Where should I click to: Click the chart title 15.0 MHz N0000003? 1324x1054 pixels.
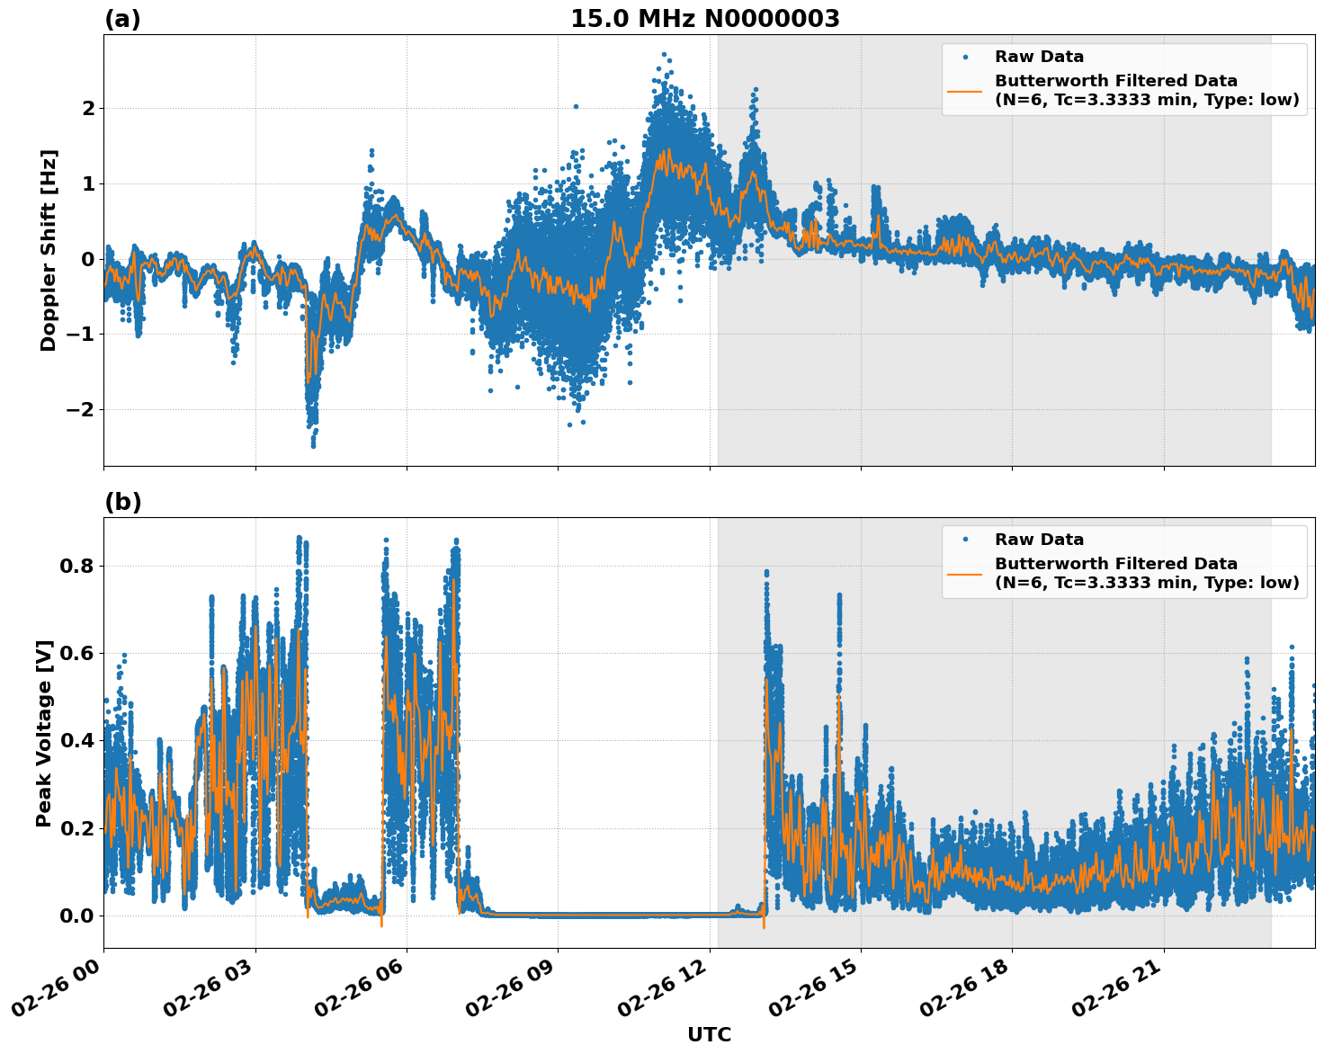(704, 19)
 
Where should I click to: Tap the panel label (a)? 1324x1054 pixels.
(122, 19)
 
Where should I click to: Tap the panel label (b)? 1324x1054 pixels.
(122, 502)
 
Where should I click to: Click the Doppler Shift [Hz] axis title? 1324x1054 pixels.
(49, 250)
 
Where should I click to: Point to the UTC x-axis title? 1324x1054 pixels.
(709, 1034)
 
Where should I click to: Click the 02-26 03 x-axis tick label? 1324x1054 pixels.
(207, 993)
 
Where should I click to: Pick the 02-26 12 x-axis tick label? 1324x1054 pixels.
(661, 993)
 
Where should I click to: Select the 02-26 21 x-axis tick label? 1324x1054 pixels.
(1115, 993)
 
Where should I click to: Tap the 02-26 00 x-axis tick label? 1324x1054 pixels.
(56, 993)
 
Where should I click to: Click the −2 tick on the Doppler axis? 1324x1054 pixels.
(79, 410)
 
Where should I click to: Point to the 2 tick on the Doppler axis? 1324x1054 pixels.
(88, 109)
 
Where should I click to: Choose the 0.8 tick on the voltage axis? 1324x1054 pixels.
(76, 566)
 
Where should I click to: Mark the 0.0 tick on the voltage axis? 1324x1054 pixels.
(76, 916)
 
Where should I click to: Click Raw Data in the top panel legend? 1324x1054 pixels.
(1039, 57)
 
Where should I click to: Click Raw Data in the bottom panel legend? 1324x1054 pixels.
(1039, 540)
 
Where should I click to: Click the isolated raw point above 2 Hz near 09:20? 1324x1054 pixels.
(576, 106)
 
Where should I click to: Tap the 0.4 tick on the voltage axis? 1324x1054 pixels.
(76, 740)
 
